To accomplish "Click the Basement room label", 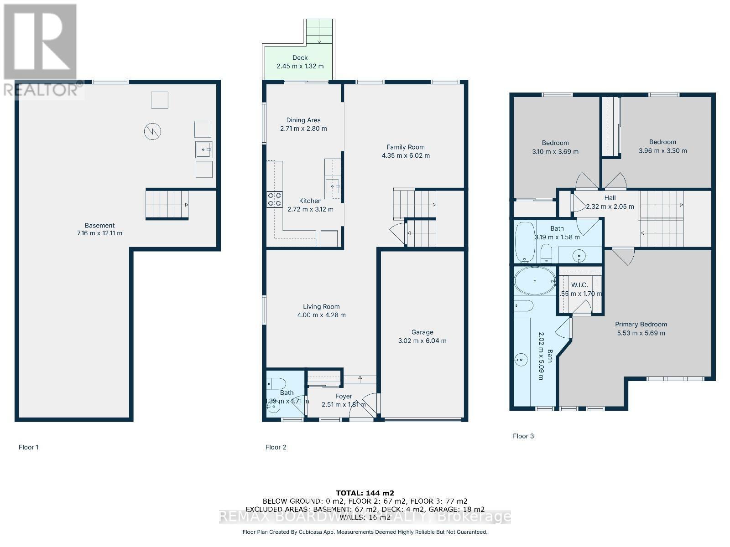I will (99, 225).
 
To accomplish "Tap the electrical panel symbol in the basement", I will (153, 132).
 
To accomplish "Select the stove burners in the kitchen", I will (274, 199).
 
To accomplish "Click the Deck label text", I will (300, 58).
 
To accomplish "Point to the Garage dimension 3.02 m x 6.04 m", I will (422, 341).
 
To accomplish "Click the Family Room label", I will (406, 147).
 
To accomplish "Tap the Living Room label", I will (321, 307).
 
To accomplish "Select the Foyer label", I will (343, 396).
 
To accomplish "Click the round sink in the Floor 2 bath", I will (274, 408).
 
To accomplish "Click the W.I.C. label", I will (579, 285).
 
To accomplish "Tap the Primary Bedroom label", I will (641, 325).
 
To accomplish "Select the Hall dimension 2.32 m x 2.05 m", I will (610, 206).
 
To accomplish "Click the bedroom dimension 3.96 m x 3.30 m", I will (662, 150).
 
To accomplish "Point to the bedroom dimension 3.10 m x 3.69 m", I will (555, 151).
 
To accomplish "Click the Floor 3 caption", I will (523, 436).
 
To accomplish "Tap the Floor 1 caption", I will (29, 447).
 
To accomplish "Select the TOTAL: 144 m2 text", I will (365, 493).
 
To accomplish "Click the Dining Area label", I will (303, 120).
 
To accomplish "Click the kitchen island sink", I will (333, 186).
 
